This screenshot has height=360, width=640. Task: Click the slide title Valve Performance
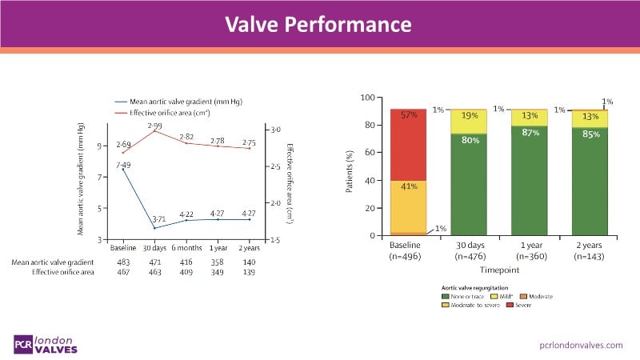[320, 24]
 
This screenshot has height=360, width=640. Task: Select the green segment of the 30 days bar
[470, 184]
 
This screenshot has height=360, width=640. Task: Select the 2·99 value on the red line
[154, 126]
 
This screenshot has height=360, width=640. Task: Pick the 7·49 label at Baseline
[123, 165]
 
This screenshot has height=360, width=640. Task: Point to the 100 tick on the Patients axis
[369, 98]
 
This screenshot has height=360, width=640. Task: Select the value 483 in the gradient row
[123, 262]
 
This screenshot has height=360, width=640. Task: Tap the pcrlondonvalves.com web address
[582, 344]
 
